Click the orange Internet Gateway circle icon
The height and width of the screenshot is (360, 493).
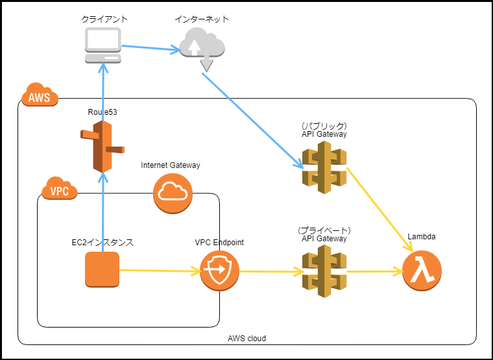tap(173, 193)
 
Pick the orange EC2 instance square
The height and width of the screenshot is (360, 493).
tap(102, 269)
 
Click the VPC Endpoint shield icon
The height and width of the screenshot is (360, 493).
tap(219, 270)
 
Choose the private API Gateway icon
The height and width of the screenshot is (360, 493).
tap(324, 271)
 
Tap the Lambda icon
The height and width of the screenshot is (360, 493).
tap(422, 270)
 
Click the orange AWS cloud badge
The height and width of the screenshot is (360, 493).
tap(40, 97)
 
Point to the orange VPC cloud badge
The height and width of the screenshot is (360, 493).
tap(59, 190)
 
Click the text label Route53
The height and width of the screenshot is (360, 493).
tap(102, 113)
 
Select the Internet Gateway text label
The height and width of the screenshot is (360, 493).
tap(171, 165)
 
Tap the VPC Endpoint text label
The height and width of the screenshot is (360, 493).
tap(219, 243)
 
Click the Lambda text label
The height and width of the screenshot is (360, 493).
tap(421, 237)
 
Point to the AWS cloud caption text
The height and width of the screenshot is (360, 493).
tap(246, 339)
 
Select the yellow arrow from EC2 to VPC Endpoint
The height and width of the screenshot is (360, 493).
tap(159, 270)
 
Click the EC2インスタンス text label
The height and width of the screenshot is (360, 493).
tap(102, 243)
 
